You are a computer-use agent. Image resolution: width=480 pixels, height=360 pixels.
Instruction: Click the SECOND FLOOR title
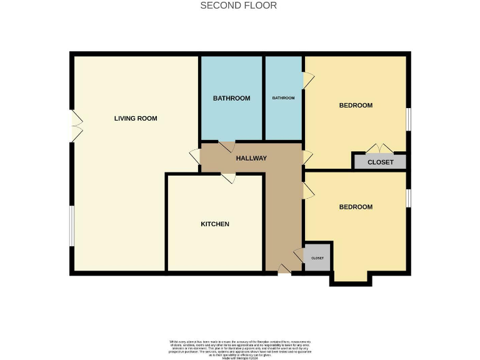coord(238,6)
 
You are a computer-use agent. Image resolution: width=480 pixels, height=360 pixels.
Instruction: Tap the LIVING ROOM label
coord(135,118)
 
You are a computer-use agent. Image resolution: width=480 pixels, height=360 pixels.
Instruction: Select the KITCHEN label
coord(214,224)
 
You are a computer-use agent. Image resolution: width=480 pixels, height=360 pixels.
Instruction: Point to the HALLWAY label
coord(251,158)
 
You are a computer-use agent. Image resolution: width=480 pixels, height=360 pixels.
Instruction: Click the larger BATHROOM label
coord(231,98)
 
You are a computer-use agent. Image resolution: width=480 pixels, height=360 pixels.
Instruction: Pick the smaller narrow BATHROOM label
coord(283,98)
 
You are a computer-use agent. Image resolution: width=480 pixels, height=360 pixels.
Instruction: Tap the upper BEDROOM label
coord(356,105)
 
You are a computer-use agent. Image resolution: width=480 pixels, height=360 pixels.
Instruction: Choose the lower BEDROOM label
coord(356,207)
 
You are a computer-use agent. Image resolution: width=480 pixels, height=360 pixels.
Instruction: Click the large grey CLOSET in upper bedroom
coord(380,162)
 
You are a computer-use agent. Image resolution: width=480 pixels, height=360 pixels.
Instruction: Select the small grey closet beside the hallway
coord(317,258)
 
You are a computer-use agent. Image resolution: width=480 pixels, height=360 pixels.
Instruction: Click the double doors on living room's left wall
coord(76,125)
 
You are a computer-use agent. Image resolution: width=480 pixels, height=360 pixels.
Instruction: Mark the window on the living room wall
coord(72,225)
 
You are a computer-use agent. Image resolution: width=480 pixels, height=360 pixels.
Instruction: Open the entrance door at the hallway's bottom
coord(284,269)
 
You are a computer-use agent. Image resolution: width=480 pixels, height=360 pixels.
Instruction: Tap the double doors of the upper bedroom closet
coord(379,149)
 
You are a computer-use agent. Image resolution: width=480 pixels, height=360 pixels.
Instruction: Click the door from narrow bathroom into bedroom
coord(307,79)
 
